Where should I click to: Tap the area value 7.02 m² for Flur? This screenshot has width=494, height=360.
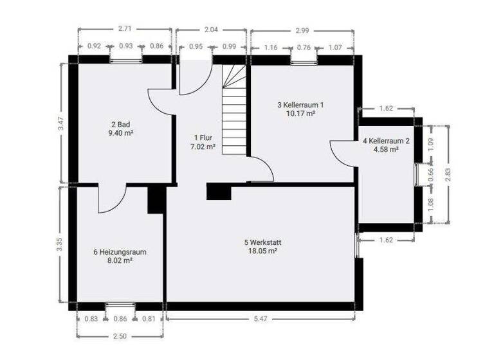click(204, 147)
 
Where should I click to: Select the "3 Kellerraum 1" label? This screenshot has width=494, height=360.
click(300, 104)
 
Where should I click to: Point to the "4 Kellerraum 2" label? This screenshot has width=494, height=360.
click(386, 140)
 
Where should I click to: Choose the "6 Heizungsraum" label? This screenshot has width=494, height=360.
click(120, 252)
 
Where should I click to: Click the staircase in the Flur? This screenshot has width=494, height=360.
click(234, 109)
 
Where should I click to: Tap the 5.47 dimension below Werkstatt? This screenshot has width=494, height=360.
click(260, 318)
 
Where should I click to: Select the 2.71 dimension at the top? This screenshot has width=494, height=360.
click(125, 30)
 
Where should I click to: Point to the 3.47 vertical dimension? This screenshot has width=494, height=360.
click(60, 122)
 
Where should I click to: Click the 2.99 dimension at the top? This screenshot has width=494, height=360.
click(301, 30)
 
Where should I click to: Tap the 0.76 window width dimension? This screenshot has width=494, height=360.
click(304, 47)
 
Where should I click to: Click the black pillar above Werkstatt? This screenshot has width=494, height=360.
click(218, 191)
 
